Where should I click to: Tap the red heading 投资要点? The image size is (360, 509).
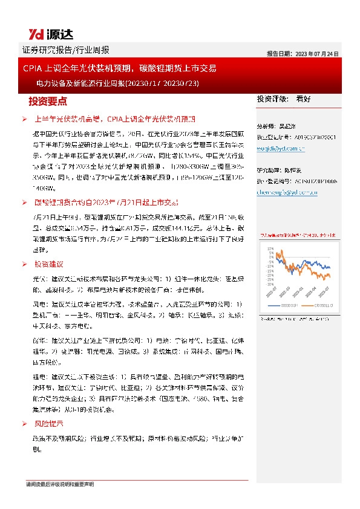tap(48, 100)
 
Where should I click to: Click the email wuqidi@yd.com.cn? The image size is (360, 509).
tap(281, 147)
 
